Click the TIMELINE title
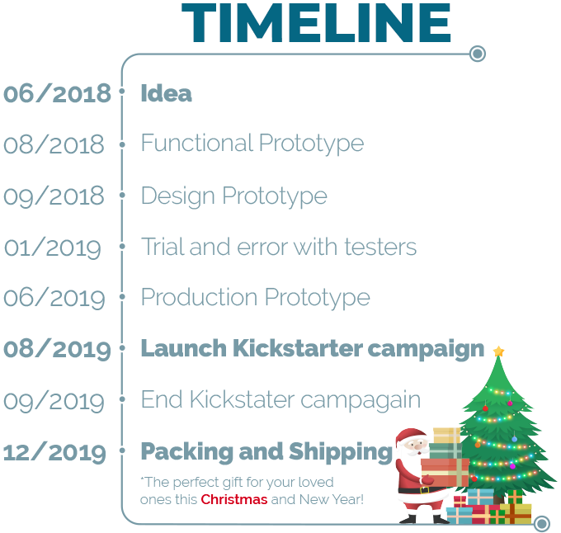tap(316, 23)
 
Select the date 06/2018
tap(57, 94)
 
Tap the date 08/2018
tap(54, 144)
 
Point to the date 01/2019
tap(53, 248)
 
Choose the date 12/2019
tap(54, 452)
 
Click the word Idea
tap(167, 93)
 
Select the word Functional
tap(197, 143)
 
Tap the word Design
tap(178, 196)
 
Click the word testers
tap(380, 247)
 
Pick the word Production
tap(199, 297)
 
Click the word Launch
tap(184, 348)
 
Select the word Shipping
tap(341, 452)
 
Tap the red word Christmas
tap(234, 499)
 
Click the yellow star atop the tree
tap(498, 351)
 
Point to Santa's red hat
tap(411, 436)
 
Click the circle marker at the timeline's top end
tap(478, 54)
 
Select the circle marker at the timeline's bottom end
tap(542, 524)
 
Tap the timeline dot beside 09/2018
tap(122, 196)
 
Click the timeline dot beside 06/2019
tap(122, 296)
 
